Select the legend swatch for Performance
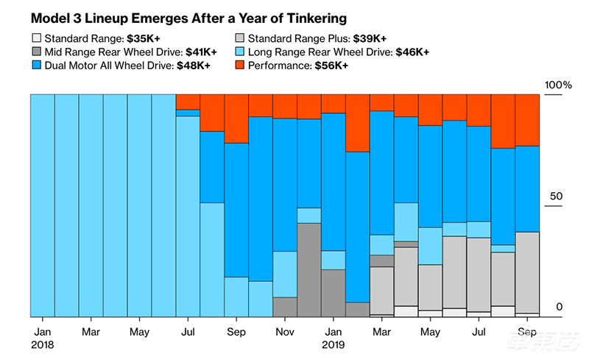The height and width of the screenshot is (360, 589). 239,65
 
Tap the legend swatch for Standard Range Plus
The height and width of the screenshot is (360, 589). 239,37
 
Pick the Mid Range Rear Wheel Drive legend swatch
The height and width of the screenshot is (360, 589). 36,52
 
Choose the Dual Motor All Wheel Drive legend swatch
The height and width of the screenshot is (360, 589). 36,65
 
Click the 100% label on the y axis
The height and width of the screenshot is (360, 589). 557,85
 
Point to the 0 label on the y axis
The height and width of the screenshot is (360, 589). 559,307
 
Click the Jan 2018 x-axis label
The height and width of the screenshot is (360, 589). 41,332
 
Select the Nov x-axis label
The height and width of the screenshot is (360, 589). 285,332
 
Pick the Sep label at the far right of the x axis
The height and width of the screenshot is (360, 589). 527,332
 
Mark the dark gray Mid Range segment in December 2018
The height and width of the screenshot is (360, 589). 309,269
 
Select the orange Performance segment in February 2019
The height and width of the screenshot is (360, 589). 357,123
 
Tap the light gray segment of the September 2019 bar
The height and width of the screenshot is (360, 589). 527,272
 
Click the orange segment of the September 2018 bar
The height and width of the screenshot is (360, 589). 236,119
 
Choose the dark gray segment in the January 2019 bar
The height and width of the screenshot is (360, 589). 334,293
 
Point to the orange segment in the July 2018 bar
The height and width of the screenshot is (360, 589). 188,102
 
